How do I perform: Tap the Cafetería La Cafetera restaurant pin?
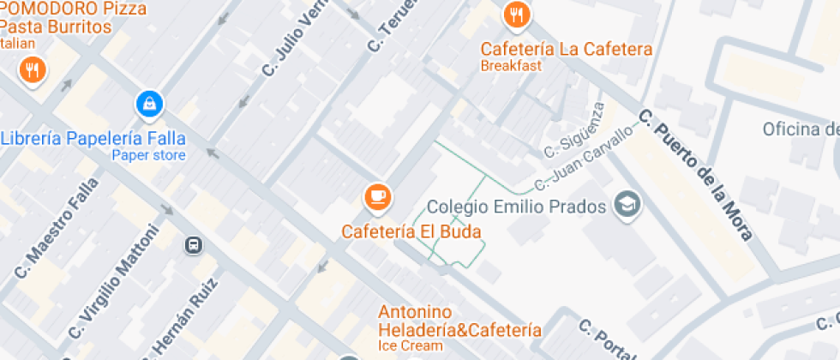[x=516, y=15]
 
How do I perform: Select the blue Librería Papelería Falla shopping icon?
[x=150, y=105]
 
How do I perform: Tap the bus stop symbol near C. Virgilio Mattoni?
[x=194, y=246]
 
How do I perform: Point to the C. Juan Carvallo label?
[x=583, y=159]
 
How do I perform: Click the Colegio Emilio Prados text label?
[x=517, y=207]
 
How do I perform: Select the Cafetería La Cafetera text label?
[x=566, y=49]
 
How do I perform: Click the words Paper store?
[x=148, y=155]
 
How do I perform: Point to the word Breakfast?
[x=511, y=66]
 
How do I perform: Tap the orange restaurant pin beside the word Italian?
[x=33, y=70]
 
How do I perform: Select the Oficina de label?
[x=801, y=129]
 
